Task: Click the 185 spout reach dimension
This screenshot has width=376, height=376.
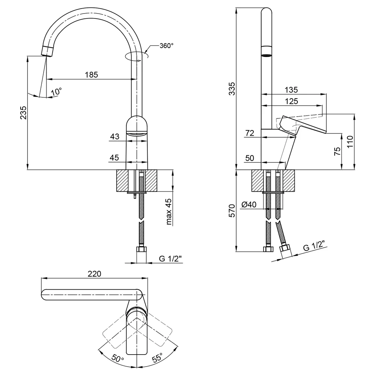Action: pyautogui.click(x=91, y=75)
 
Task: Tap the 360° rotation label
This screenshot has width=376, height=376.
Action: pyautogui.click(x=167, y=45)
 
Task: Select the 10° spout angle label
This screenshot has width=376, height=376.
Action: pyautogui.click(x=57, y=92)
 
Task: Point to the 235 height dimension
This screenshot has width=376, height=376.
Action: pyautogui.click(x=23, y=112)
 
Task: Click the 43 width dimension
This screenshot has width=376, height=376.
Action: pyautogui.click(x=115, y=136)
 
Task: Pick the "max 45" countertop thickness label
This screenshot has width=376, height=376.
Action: pyautogui.click(x=169, y=211)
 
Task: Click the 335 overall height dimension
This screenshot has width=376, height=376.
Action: pyautogui.click(x=232, y=89)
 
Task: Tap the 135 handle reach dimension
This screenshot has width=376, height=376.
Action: pyautogui.click(x=291, y=90)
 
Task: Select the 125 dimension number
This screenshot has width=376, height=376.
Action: pyautogui.click(x=291, y=102)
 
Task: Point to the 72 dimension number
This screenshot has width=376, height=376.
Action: pyautogui.click(x=250, y=133)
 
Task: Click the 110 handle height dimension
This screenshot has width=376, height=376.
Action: pyautogui.click(x=350, y=141)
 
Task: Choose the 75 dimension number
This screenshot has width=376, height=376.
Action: pyautogui.click(x=337, y=151)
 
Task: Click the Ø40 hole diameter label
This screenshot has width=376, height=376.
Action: pyautogui.click(x=249, y=205)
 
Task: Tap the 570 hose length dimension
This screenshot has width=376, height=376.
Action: pyautogui.click(x=232, y=211)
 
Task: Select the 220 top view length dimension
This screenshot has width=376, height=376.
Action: pyautogui.click(x=94, y=274)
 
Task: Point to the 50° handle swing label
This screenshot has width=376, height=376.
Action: pyautogui.click(x=118, y=358)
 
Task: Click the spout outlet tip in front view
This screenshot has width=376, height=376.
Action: pyautogui.click(x=47, y=51)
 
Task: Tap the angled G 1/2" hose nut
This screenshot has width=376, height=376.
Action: pyautogui.click(x=285, y=251)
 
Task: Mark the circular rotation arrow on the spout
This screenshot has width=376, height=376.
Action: pyautogui.click(x=137, y=56)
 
